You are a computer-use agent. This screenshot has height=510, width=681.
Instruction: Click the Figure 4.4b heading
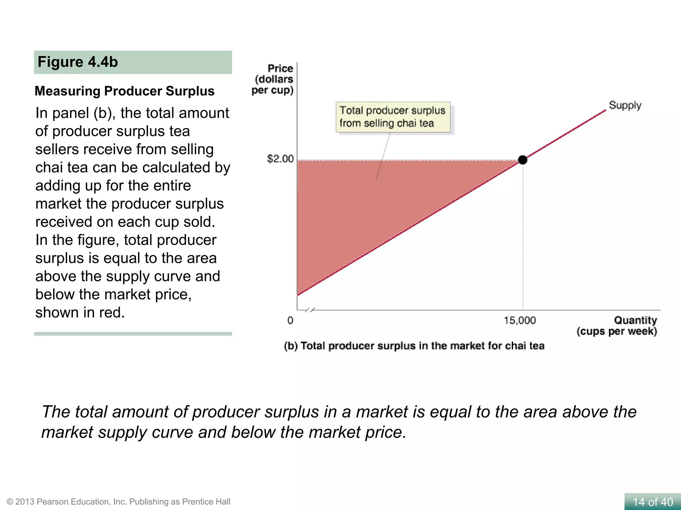pyautogui.click(x=78, y=62)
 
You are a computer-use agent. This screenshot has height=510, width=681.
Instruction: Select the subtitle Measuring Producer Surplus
pyautogui.click(x=125, y=91)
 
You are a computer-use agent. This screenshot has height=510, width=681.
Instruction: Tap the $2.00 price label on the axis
pyautogui.click(x=280, y=159)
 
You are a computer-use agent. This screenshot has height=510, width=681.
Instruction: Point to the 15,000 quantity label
pyautogui.click(x=519, y=320)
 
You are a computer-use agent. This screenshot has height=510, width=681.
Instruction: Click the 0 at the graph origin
pyautogui.click(x=290, y=320)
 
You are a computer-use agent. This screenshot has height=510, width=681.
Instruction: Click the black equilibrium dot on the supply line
pyautogui.click(x=523, y=160)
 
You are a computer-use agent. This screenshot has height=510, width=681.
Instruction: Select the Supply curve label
pyautogui.click(x=625, y=105)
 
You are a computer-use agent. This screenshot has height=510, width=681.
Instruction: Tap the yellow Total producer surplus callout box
pyautogui.click(x=393, y=117)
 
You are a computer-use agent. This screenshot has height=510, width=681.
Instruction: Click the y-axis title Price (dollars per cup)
pyautogui.click(x=273, y=79)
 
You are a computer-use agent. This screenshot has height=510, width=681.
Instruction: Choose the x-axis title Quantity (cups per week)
pyautogui.click(x=617, y=326)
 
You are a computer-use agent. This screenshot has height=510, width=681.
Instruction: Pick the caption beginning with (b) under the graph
pyautogui.click(x=414, y=346)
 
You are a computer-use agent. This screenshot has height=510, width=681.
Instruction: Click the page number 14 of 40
pyautogui.click(x=653, y=502)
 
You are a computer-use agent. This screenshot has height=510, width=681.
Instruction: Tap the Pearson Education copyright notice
pyautogui.click(x=118, y=502)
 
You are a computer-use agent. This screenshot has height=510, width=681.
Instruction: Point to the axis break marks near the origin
pyautogui.click(x=310, y=310)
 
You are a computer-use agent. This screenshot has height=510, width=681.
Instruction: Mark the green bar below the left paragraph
pyautogui.click(x=133, y=334)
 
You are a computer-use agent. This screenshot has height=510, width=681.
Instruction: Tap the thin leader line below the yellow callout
pyautogui.click(x=383, y=156)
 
